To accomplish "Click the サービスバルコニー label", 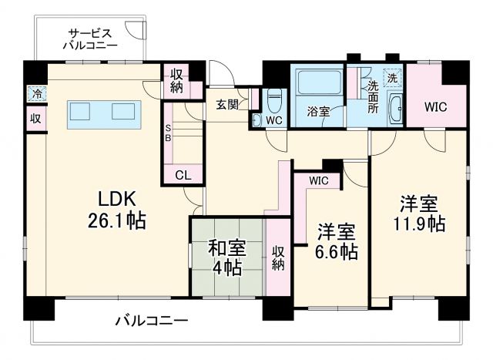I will pyautogui.click(x=91, y=39).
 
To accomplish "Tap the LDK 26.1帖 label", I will pyautogui.click(x=117, y=209).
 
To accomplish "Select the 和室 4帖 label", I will pyautogui.click(x=226, y=257).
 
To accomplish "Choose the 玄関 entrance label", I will pyautogui.click(x=226, y=105).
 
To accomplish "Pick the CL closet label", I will pyautogui.click(x=183, y=175).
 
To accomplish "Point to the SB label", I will pyautogui.click(x=169, y=134).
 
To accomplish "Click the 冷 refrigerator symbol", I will pyautogui.click(x=36, y=93).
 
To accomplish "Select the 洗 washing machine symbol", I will pyautogui.click(x=392, y=77).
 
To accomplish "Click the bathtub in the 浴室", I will pyautogui.click(x=318, y=85).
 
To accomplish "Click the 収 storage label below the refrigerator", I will pyautogui.click(x=35, y=119).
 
